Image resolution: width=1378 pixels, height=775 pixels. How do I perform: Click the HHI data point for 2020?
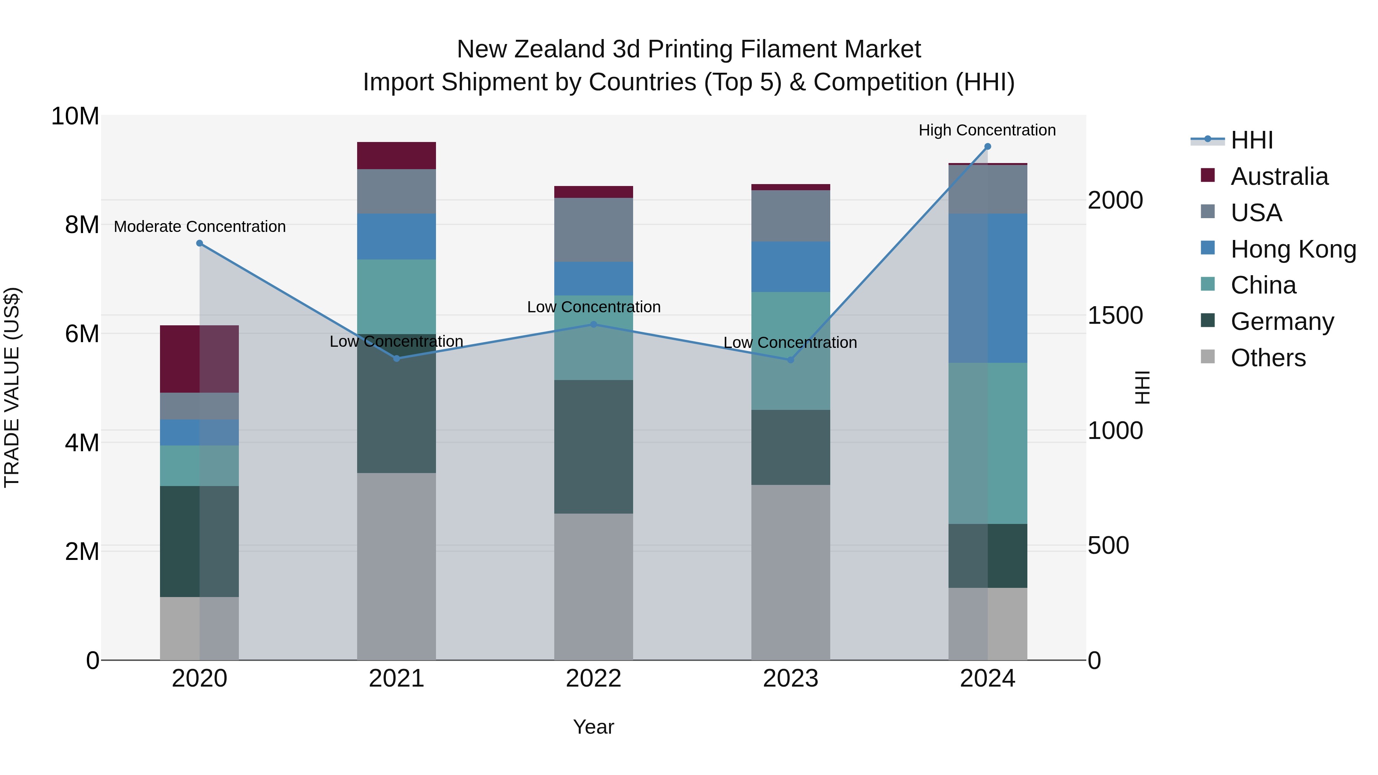coord(199,243)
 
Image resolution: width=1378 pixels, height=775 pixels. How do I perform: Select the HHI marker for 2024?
coord(988,147)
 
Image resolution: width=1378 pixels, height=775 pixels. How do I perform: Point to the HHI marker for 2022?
coord(593,324)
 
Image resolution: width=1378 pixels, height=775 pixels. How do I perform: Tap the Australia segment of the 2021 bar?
coord(397,156)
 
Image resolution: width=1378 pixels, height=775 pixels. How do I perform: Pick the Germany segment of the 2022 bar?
coord(593,447)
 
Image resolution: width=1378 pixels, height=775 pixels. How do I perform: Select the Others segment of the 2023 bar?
coord(791,572)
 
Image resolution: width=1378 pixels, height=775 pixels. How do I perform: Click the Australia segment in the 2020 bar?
coord(199,359)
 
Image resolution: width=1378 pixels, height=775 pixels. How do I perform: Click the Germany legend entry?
coord(1282,321)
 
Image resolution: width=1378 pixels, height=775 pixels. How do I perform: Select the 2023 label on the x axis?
coord(791,679)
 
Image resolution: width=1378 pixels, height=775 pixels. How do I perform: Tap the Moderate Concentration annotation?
coord(199,227)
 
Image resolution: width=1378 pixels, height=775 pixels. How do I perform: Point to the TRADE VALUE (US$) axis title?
coord(12,387)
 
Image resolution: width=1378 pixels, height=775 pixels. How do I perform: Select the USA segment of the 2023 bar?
coord(791,215)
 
